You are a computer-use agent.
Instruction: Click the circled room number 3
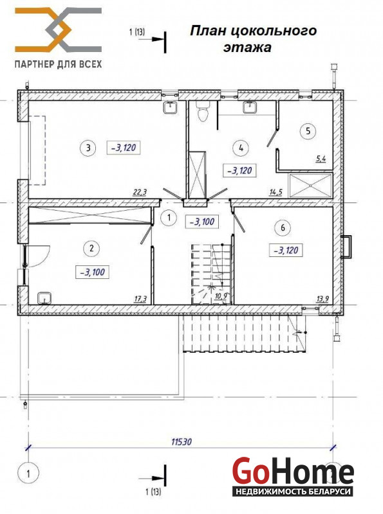pos(88,148)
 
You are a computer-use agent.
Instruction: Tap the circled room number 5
pos(308,131)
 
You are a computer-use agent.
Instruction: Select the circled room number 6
pos(283,227)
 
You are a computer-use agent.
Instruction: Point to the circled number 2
pos(91,248)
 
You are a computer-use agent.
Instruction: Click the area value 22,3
pos(140,192)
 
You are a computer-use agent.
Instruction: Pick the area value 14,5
pos(276,192)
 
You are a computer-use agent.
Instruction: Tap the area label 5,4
pos(321,159)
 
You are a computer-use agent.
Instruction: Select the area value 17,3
pos(140,299)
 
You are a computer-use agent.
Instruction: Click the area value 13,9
pos(323,299)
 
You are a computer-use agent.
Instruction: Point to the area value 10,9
pos(221,296)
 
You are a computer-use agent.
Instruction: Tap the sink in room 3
pos(170,107)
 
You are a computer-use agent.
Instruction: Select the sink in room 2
pos(44,298)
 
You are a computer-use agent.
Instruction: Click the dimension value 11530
pos(182,442)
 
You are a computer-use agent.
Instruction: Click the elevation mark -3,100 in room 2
pos(92,272)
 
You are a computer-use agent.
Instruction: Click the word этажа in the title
pos(247,48)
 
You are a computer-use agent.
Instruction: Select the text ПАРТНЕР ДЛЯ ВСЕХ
pos(58,64)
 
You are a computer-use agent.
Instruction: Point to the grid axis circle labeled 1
pos(28,474)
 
